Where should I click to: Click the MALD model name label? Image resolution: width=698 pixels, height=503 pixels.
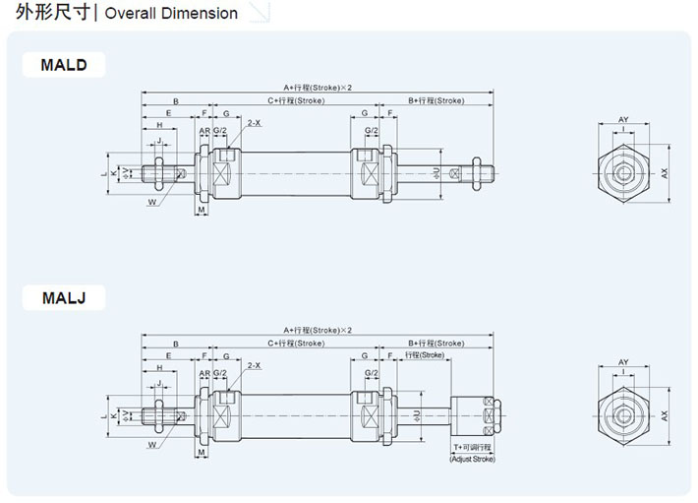(x=64, y=66)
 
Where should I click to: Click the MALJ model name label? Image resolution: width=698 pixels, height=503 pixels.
(x=64, y=296)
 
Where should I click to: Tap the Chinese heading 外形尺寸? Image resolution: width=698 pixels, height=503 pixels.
(x=49, y=13)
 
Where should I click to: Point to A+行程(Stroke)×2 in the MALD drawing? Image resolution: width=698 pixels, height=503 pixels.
(x=318, y=88)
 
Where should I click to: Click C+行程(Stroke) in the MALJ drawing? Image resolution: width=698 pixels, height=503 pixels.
(x=296, y=343)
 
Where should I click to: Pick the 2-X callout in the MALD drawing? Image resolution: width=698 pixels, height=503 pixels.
(x=254, y=123)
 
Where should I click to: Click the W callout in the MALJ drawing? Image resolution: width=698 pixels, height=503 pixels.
(x=152, y=445)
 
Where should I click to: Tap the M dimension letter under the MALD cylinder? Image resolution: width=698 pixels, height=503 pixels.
(x=201, y=211)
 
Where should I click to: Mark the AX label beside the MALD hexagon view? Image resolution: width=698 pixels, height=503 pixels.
(x=665, y=173)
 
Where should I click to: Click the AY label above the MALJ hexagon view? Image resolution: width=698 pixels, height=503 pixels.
(x=623, y=362)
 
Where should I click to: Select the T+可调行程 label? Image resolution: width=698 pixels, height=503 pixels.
(x=473, y=448)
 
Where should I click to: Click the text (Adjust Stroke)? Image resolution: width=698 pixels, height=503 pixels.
(x=473, y=459)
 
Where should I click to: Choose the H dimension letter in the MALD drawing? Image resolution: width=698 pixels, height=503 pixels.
(x=159, y=126)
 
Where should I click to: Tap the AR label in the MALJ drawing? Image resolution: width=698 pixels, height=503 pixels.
(x=204, y=374)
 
